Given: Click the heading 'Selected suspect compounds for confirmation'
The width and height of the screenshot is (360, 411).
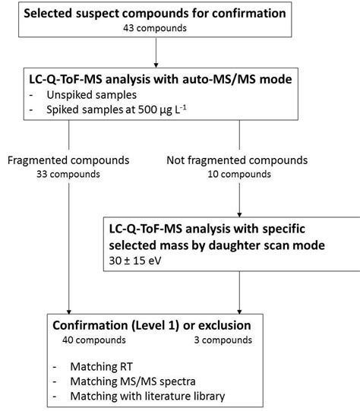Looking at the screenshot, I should tap(155, 14).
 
